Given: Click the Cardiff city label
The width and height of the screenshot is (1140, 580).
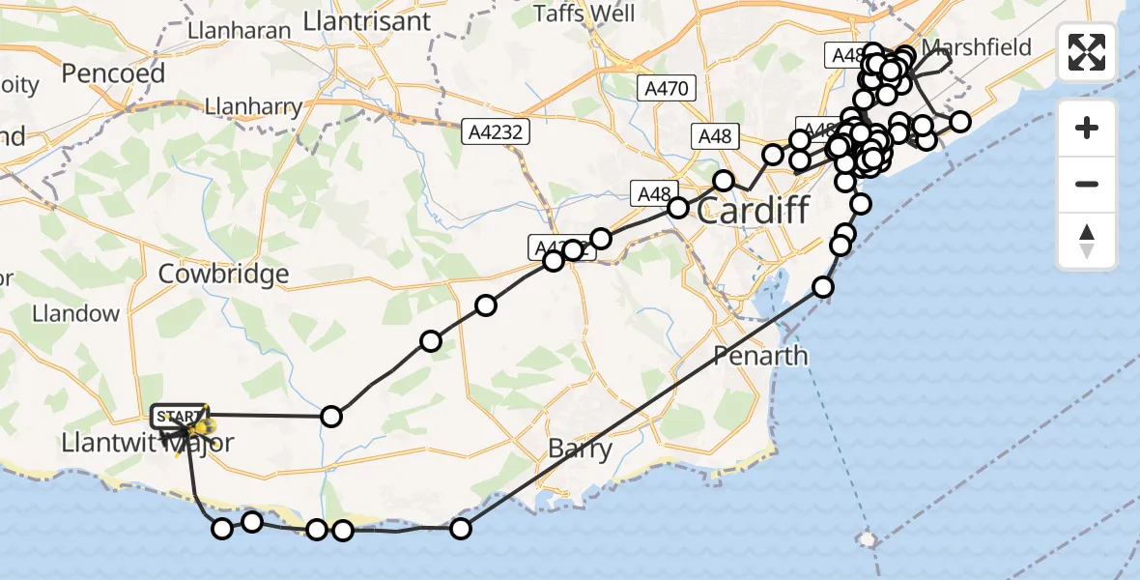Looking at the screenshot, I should click(752, 210).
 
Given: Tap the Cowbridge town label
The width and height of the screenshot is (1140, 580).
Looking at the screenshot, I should click(223, 274).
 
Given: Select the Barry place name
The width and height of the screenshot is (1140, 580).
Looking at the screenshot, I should click(580, 449).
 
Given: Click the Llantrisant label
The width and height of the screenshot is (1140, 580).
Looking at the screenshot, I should click(366, 20).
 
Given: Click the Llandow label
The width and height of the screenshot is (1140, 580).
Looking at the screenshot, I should click(75, 313).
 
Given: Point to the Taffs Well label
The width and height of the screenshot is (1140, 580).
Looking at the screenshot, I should click(585, 14).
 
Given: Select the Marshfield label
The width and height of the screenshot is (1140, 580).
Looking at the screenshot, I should click(977, 47).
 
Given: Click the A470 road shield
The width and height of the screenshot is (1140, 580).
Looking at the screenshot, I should click(669, 89).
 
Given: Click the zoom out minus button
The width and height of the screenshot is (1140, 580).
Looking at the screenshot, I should click(1087, 184).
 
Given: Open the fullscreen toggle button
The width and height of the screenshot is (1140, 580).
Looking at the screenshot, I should click(1087, 52).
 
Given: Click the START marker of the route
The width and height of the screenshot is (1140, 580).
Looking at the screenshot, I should click(178, 417).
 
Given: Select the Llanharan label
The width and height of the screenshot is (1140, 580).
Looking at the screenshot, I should click(240, 31).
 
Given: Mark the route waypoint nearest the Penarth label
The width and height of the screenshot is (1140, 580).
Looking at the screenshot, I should click(823, 286).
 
